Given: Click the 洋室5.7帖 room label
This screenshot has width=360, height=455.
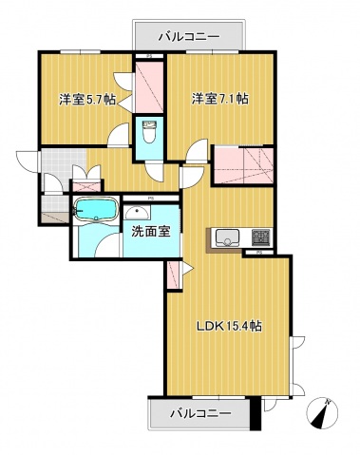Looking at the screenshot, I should pos(86,98).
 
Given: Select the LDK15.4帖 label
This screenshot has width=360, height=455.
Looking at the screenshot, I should pos(229,325).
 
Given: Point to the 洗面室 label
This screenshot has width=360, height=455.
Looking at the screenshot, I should pos(148,231).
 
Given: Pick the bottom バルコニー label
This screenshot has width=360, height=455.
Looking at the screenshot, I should pos(200,413).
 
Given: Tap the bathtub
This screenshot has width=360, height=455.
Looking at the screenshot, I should pos(95,210).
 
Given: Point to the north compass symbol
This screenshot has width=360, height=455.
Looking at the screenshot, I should pos(323,414).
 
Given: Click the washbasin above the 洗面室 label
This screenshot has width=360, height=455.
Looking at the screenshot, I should pos(139,213).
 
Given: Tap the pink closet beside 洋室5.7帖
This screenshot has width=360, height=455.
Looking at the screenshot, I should pos(149,86).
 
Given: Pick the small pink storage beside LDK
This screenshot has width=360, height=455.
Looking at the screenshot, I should pos(173,275).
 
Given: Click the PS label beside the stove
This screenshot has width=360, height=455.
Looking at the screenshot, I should pos(257,254).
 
